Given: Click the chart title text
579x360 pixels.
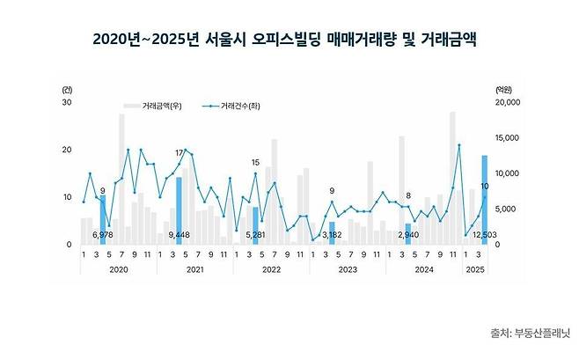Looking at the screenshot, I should (289, 40).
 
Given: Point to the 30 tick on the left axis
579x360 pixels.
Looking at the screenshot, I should (66, 102).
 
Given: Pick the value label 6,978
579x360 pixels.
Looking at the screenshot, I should (103, 236).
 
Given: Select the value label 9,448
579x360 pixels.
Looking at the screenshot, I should (180, 236).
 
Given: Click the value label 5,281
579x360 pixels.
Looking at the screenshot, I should (256, 236).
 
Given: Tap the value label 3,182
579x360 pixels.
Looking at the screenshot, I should (333, 236).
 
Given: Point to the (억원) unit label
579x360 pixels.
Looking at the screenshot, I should (502, 89).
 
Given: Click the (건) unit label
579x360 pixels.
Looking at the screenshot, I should (68, 89).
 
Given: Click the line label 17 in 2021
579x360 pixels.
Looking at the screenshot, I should (180, 153).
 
